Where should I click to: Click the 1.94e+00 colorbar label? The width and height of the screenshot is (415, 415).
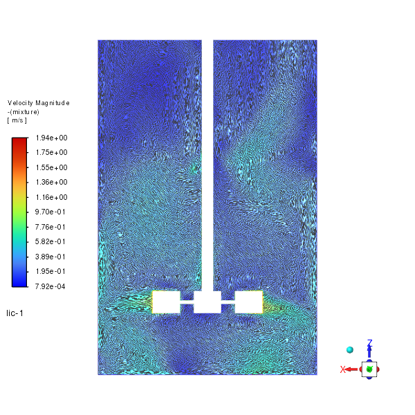[x=52, y=138]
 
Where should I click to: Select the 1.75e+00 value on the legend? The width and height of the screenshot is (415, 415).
[x=52, y=152]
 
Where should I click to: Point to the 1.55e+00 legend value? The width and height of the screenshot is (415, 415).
[x=52, y=167]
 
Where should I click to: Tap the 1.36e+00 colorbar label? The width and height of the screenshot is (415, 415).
[x=52, y=182]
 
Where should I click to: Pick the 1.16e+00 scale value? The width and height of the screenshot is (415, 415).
[x=52, y=197]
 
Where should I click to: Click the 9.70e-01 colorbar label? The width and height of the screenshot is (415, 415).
[x=50, y=212]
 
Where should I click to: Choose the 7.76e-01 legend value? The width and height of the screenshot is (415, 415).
[x=50, y=227]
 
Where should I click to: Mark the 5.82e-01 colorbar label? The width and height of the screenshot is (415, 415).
[x=50, y=241]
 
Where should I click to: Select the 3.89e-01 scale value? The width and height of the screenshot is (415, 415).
[x=50, y=257]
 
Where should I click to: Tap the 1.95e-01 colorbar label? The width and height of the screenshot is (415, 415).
[x=50, y=271]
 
